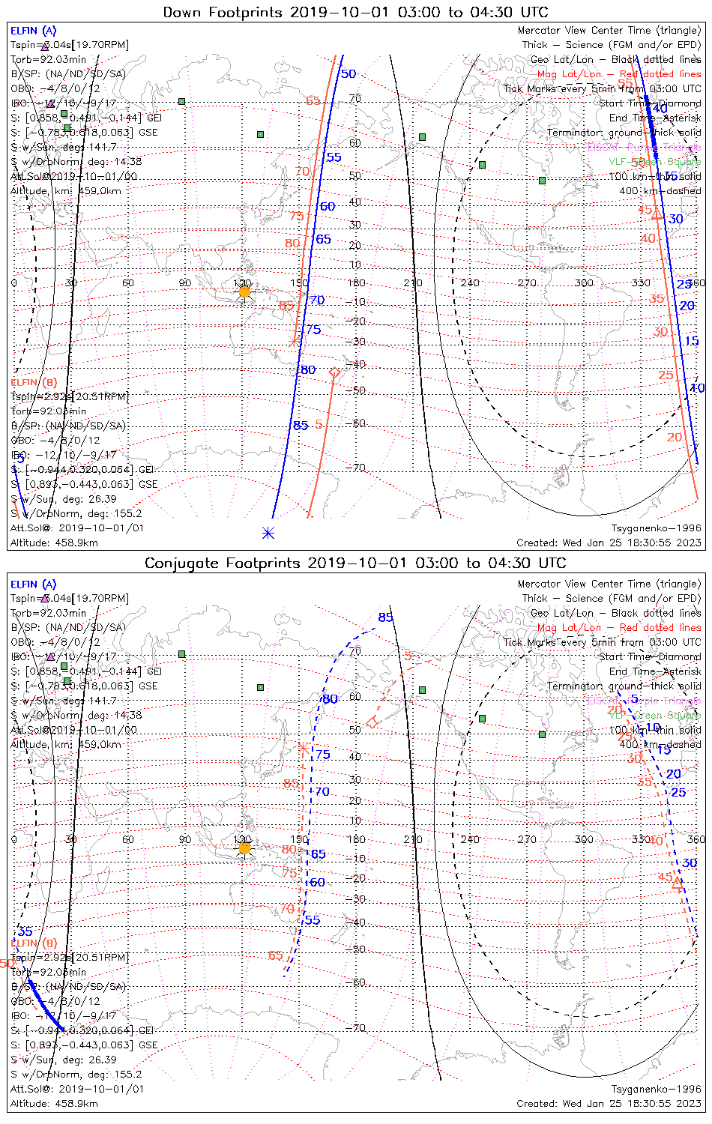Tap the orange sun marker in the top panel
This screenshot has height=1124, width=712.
coord(244,291)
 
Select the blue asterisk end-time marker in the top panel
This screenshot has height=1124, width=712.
coord(268,533)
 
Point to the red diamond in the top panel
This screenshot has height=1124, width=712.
coord(335,372)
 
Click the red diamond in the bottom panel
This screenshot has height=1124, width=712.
coord(372,722)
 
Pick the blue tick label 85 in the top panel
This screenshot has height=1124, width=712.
coord(300,426)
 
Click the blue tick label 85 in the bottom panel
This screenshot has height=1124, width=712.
coord(385,617)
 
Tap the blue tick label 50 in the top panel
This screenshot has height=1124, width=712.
coord(349,73)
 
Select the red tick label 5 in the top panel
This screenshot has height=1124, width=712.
coord(319,424)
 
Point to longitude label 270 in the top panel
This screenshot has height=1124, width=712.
coord(527,282)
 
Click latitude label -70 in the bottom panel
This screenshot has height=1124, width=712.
coord(357,1028)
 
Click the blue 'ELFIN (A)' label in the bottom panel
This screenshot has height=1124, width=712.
coord(34,584)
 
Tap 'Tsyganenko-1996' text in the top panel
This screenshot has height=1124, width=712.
coord(656,528)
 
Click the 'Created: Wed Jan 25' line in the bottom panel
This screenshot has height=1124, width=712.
coord(609,1103)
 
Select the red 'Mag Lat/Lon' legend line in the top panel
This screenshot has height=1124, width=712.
coord(619,74)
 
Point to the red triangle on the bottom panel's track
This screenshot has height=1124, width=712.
coord(678,884)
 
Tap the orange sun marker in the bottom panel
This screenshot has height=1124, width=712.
coord(244,848)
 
